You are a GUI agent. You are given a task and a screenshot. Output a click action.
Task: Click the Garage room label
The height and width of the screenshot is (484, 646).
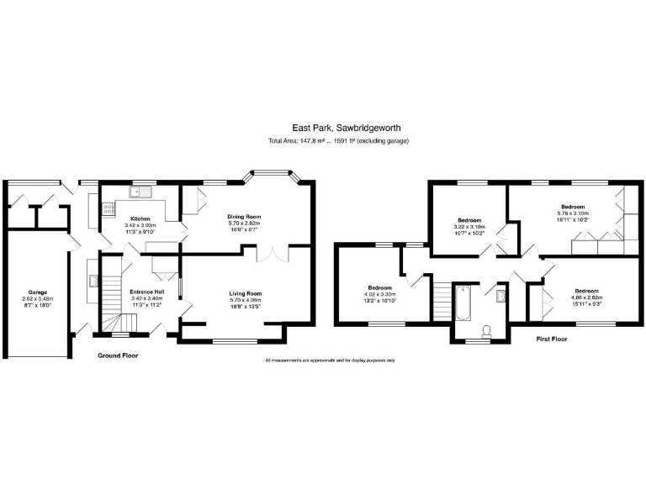tap(37, 292)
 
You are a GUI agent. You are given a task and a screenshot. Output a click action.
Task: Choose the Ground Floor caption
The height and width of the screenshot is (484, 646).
tap(118, 355)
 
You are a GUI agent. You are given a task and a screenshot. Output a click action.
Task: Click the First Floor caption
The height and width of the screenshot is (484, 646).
tap(553, 339)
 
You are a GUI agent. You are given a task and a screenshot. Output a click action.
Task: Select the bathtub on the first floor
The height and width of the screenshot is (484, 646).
tap(462, 303)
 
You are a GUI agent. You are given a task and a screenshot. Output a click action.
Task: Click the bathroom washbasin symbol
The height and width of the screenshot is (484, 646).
tap(501, 295)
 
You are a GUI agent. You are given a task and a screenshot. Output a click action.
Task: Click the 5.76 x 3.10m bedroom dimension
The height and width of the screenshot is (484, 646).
tap(573, 213)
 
